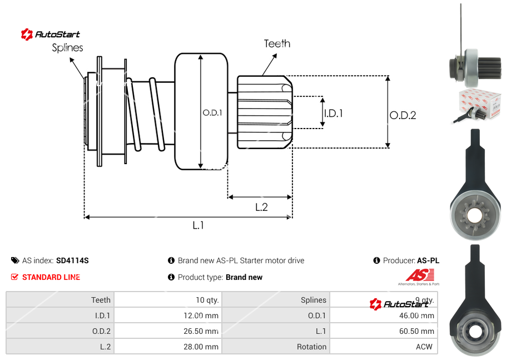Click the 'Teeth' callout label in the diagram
(277, 43)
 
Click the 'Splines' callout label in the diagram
(67, 48)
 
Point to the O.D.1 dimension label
(212, 112)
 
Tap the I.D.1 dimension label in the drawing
(333, 113)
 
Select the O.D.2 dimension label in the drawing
(403, 116)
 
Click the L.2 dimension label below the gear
(261, 207)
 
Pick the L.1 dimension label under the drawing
(199, 225)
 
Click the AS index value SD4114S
(72, 260)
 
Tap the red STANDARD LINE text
(51, 277)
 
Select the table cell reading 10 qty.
(207, 300)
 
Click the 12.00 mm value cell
(204, 315)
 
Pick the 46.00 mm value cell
(419, 315)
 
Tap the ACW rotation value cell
(425, 347)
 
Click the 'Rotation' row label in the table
(311, 347)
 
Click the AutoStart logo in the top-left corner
(51, 34)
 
